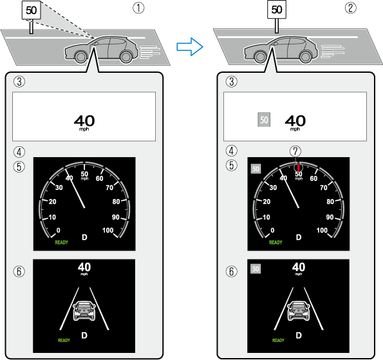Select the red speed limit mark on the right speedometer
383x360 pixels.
coord(298,166)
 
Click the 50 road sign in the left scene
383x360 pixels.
coord(31,10)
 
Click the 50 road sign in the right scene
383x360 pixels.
coord(277,10)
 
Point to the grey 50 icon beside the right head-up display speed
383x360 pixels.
coord(264,120)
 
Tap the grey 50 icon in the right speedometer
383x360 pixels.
coord(256,169)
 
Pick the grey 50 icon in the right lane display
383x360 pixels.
coord(256,269)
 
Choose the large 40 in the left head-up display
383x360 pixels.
coord(84,120)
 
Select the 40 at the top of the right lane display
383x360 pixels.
coord(299,267)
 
